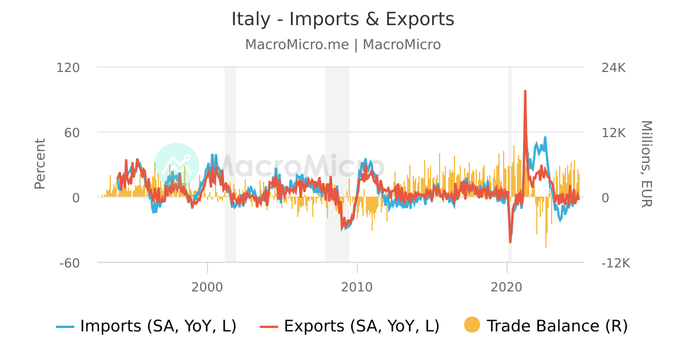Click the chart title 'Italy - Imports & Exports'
pyautogui.click(x=342, y=19)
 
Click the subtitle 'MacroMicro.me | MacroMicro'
pyautogui.click(x=342, y=45)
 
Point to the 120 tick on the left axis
pyautogui.click(x=68, y=67)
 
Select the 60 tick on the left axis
pyautogui.click(x=73, y=133)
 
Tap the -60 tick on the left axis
pyautogui.click(x=69, y=263)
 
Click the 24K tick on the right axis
pyautogui.click(x=615, y=67)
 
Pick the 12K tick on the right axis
pyautogui.click(x=615, y=133)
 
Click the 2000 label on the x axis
pyautogui.click(x=207, y=286)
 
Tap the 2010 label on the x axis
pyautogui.click(x=357, y=286)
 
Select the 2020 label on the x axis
pyautogui.click(x=508, y=286)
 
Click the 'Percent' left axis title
pyautogui.click(x=40, y=164)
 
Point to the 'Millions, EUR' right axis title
pyautogui.click(x=646, y=164)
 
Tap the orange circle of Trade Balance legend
pyautogui.click(x=472, y=326)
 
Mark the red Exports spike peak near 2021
pyautogui.click(x=525, y=91)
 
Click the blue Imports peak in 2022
pyautogui.click(x=545, y=138)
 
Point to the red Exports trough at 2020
pyautogui.click(x=510, y=242)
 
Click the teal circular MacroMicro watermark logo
pyautogui.click(x=177, y=165)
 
